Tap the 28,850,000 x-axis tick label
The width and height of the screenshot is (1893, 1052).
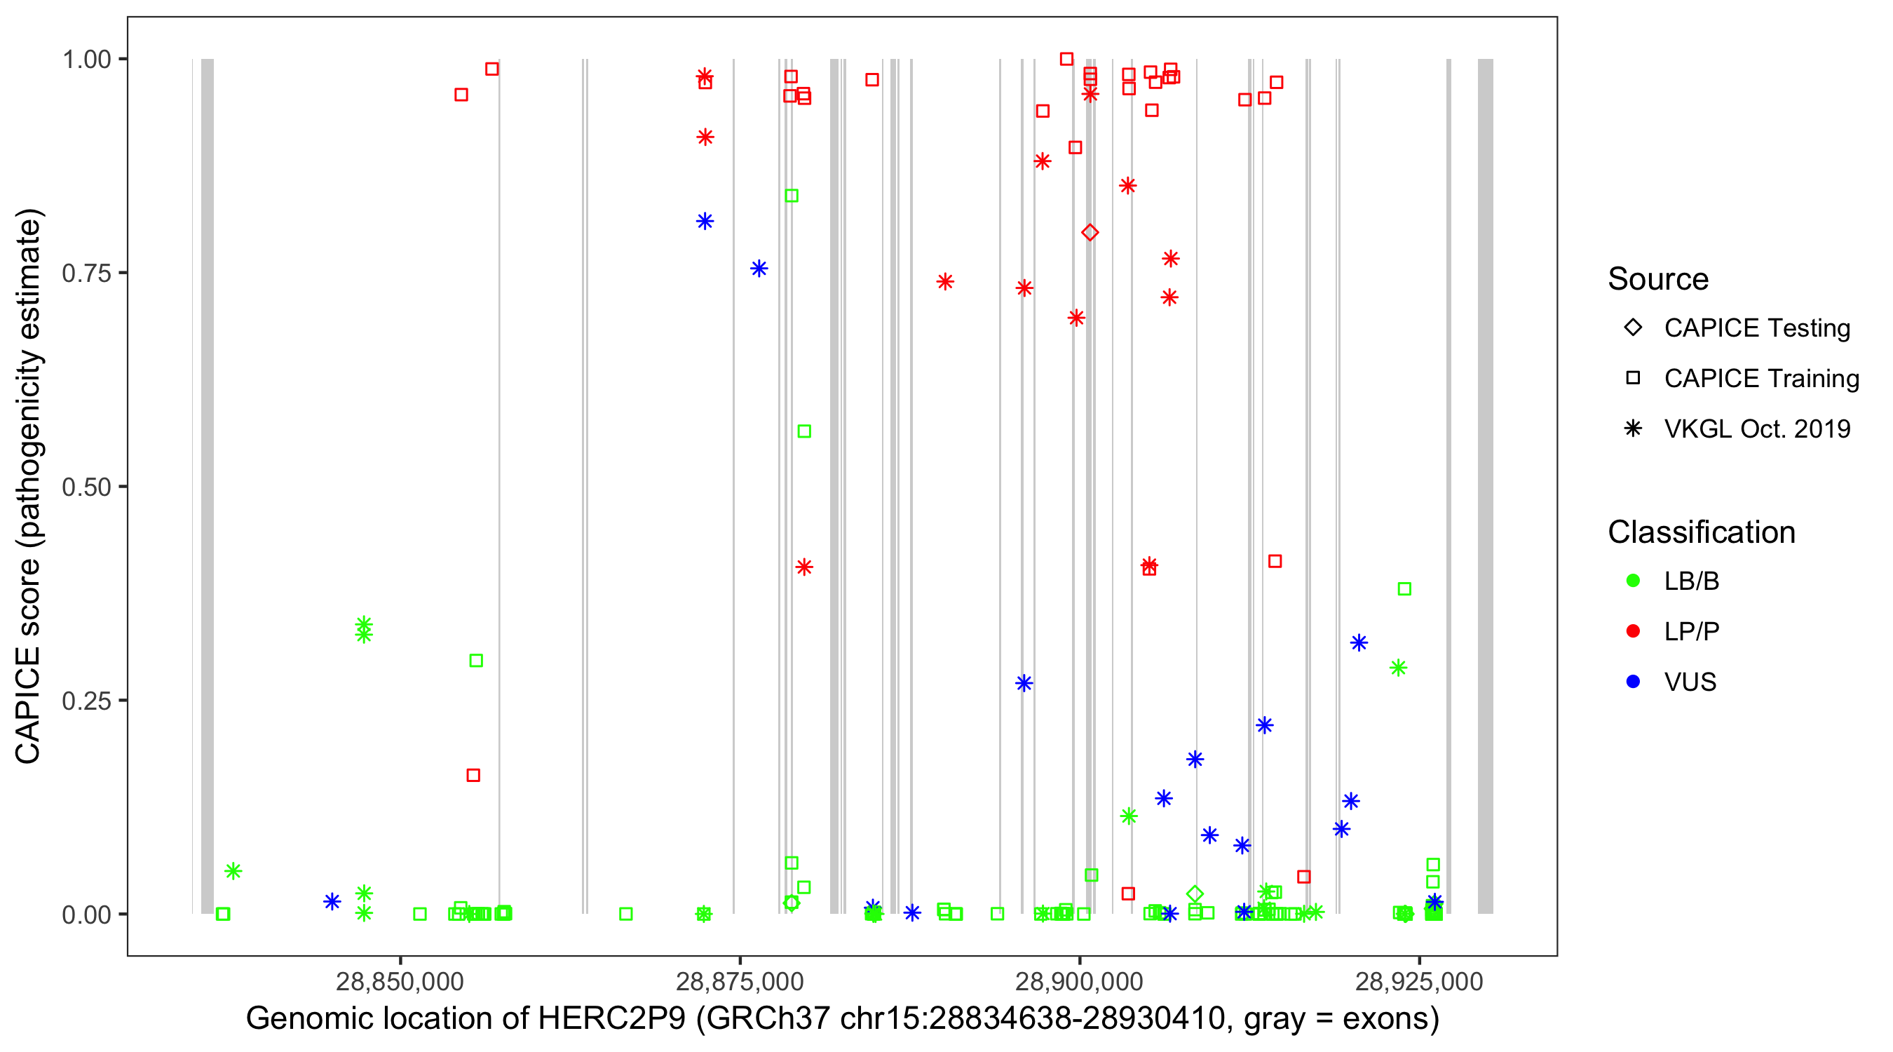click(400, 981)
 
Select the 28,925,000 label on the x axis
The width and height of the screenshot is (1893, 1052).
click(1419, 981)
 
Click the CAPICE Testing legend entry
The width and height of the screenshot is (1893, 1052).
click(1756, 328)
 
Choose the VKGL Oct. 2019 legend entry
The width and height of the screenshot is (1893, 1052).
click(1756, 429)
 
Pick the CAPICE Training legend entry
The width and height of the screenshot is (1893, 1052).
click(1760, 379)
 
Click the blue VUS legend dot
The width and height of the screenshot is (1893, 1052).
click(1633, 682)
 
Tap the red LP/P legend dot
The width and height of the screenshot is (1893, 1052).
click(1633, 631)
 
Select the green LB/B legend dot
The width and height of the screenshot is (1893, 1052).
click(1633, 581)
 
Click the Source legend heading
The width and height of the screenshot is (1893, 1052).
click(1658, 279)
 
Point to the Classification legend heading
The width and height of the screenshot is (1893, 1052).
click(1701, 532)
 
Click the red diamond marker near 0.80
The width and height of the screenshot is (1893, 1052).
click(1090, 232)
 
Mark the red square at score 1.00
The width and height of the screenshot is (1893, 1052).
click(1066, 59)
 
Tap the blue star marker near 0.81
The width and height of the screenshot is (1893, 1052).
click(705, 222)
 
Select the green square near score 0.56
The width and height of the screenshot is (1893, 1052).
click(804, 431)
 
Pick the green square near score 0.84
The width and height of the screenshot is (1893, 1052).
click(792, 196)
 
